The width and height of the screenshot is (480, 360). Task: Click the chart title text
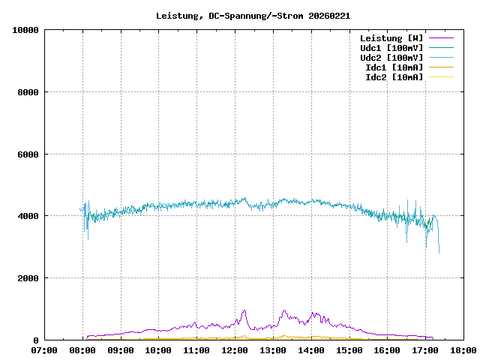[x=253, y=15]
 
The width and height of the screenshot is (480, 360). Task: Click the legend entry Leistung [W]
[x=391, y=38]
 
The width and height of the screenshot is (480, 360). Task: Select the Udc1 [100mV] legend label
[x=391, y=48]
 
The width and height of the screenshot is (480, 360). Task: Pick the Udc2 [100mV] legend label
[x=391, y=58]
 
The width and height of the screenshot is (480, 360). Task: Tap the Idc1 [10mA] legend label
[x=394, y=67]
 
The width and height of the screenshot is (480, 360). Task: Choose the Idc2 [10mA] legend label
[x=394, y=77]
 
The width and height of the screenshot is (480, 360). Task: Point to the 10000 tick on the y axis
[x=25, y=30]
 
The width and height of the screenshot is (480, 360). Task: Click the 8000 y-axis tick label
[x=27, y=92]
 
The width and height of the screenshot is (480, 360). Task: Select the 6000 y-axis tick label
[x=27, y=154]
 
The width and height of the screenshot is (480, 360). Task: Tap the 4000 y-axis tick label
[x=27, y=216]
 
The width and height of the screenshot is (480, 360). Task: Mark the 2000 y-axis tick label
[x=27, y=278]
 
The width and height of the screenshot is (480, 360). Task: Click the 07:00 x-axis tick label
[x=44, y=350]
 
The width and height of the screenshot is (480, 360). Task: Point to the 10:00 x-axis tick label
[x=158, y=350]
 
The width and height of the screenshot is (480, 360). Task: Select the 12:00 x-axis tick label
[x=235, y=350]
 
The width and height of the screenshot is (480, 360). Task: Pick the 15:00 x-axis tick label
[x=349, y=350]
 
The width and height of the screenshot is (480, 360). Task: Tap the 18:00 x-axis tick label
[x=463, y=350]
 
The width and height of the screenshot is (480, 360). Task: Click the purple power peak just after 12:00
[x=244, y=310]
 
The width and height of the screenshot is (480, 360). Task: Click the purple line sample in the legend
[x=441, y=38]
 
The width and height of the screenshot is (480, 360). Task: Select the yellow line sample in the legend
[x=441, y=77]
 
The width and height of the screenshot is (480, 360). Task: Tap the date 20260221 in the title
[x=329, y=15]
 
